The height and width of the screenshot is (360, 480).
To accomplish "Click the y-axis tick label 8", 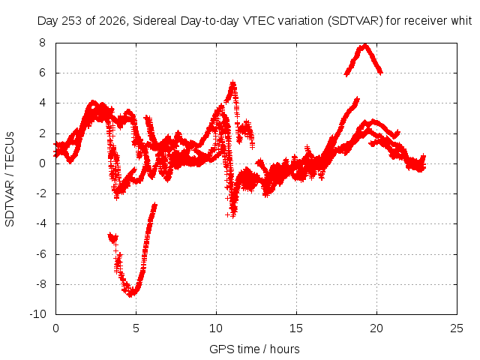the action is click(42, 43).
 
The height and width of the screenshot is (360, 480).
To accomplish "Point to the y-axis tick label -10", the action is click(37, 314).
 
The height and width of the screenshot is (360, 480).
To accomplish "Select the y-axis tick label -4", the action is click(41, 223).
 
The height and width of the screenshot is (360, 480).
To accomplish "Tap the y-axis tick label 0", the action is click(42, 163).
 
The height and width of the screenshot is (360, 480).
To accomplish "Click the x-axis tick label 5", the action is click(136, 328).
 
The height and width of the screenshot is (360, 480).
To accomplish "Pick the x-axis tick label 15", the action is click(296, 328).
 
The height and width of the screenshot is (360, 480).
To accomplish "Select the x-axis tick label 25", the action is click(457, 328).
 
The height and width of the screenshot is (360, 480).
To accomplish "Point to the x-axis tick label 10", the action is click(216, 328).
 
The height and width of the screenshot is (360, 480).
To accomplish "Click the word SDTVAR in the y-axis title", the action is click(10, 203).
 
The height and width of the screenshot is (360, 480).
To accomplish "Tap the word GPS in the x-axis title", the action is click(218, 349).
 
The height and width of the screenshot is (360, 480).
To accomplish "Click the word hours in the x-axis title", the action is click(285, 349).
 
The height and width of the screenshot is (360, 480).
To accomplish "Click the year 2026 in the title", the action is click(114, 21).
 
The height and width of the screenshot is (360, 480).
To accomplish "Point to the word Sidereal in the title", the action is click(155, 21).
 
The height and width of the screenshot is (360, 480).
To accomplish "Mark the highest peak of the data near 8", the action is click(365, 46).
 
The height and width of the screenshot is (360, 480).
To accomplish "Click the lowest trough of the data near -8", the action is click(130, 295).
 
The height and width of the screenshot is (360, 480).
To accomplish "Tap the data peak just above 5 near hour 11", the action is click(233, 82).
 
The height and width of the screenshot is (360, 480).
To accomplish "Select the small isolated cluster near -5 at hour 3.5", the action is click(113, 238).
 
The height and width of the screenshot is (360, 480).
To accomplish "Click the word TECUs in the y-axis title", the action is click(10, 149).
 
